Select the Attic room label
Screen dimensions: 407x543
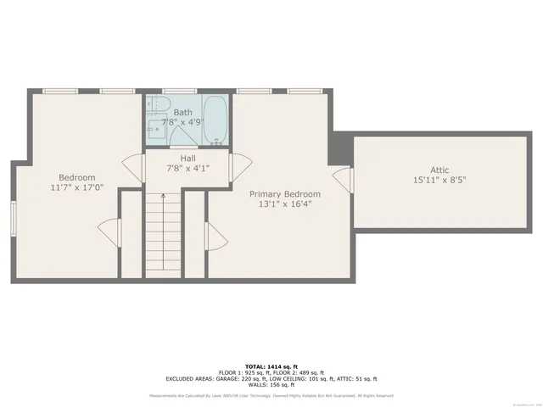click(439, 170)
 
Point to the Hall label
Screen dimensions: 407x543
click(188, 159)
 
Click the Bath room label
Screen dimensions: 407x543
click(182, 113)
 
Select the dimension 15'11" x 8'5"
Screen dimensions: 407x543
click(439, 180)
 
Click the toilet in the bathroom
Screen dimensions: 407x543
click(153, 105)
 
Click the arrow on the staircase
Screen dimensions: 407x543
click(162, 198)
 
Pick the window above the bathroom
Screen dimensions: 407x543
click(180, 91)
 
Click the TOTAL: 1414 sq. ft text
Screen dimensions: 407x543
click(271, 366)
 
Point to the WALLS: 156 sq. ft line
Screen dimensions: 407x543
click(271, 386)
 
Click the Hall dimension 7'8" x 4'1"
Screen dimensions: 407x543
click(188, 169)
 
